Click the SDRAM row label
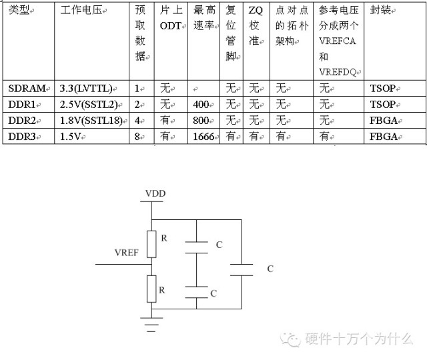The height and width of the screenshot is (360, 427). click(x=27, y=88)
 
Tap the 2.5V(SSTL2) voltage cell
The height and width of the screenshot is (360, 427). click(x=87, y=104)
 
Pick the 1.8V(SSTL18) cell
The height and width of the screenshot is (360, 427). click(x=89, y=120)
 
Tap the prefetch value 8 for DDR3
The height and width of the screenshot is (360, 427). click(x=137, y=136)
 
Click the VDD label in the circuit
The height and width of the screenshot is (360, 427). click(x=155, y=194)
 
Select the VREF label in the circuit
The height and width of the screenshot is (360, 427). click(x=127, y=254)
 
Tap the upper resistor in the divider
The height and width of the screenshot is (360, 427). click(x=152, y=244)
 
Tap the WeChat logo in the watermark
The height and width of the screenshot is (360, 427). click(x=292, y=339)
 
